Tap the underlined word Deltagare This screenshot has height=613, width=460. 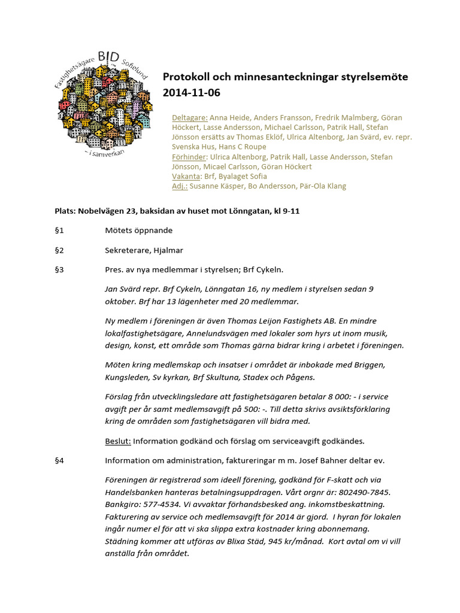pos(190,118)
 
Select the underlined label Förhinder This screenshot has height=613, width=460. pos(189,157)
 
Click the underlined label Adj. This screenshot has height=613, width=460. pos(180,186)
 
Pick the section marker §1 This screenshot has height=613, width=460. pos(59,230)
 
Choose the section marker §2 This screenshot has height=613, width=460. pos(59,250)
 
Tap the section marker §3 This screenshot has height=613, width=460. pos(59,270)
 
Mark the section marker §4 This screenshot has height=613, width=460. pos(59,460)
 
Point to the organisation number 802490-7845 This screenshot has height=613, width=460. pos(359,492)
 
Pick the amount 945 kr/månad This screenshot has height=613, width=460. pos(295,541)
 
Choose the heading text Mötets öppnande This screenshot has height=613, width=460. pos(139,230)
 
